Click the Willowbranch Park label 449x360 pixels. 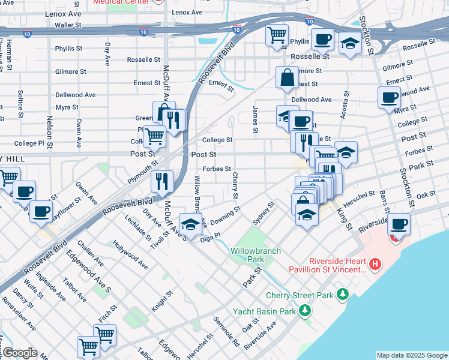coord(247,255)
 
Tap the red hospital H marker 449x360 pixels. coord(375,263)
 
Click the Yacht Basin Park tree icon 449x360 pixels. coord(306,310)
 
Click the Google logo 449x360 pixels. coord(19,353)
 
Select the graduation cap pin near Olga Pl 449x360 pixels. coord(190,225)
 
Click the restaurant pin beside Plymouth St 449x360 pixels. coord(161,181)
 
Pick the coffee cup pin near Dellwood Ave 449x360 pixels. coord(389,97)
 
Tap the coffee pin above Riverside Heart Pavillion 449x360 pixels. coord(400,224)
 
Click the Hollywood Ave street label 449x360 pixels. coord(131,254)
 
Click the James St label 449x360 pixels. coord(256,119)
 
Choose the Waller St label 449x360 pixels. coord(68,25)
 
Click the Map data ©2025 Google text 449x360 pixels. coord(412,355)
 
